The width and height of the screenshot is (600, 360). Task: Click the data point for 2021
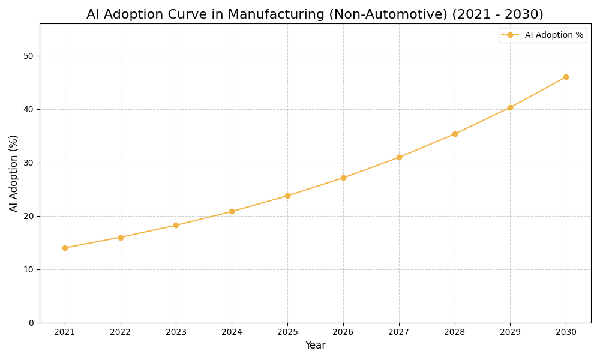click(x=65, y=248)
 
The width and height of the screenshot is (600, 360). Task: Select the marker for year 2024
click(x=232, y=211)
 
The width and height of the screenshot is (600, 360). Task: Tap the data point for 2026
click(x=343, y=178)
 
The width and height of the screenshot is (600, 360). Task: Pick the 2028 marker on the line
click(x=455, y=134)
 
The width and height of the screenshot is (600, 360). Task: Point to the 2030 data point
click(x=566, y=77)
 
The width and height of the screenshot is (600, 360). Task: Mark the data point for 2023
click(x=176, y=225)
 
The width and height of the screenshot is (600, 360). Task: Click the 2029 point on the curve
click(x=510, y=107)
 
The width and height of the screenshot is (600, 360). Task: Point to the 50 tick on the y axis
click(x=28, y=56)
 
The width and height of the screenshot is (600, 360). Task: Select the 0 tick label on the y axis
click(x=31, y=323)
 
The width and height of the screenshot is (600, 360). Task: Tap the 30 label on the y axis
click(x=28, y=163)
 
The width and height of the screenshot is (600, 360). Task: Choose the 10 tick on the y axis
click(x=28, y=269)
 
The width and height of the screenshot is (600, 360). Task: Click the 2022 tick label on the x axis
click(x=121, y=332)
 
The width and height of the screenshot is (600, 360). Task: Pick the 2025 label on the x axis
click(x=287, y=332)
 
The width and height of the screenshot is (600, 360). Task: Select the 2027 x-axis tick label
click(x=399, y=332)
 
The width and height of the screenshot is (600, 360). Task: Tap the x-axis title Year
click(x=315, y=346)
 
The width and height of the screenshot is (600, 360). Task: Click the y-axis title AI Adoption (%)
click(x=14, y=173)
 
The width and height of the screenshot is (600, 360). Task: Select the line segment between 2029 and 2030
click(x=538, y=92)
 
